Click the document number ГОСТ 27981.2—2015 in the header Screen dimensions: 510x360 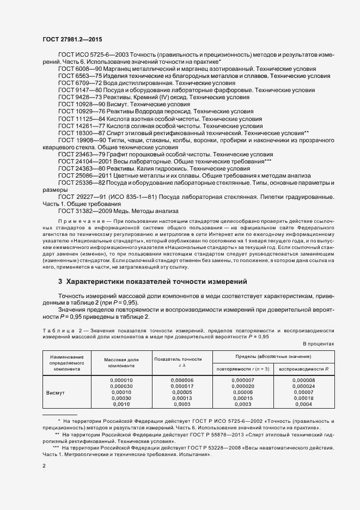(x=72, y=39)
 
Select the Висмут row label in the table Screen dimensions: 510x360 (x=56, y=392)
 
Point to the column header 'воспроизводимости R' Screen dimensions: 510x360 (x=307, y=369)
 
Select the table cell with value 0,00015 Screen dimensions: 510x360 (x=243, y=398)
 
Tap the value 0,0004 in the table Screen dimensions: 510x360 (x=307, y=405)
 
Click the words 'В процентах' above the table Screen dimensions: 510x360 (x=318, y=343)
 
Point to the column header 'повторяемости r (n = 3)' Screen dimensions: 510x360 (x=243, y=369)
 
